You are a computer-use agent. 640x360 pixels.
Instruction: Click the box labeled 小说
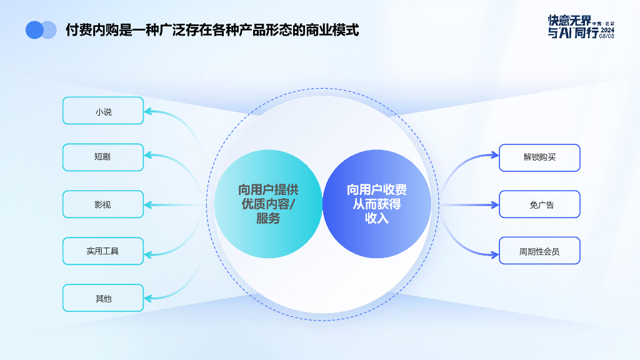[x=103, y=111]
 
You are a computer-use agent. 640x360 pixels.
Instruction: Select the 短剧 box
[x=103, y=157]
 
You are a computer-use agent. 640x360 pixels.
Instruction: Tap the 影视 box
[x=103, y=204]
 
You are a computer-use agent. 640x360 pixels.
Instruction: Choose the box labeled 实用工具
[x=103, y=251]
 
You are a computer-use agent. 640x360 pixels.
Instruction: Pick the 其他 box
[x=103, y=298]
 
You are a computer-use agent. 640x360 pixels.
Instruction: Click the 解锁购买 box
[x=539, y=157]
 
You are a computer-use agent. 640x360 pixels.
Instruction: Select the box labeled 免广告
[x=539, y=204]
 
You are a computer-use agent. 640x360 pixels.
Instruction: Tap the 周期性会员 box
[x=539, y=251]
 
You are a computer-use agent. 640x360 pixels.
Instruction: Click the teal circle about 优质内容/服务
[x=268, y=204]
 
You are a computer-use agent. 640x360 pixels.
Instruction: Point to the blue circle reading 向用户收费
[x=377, y=204]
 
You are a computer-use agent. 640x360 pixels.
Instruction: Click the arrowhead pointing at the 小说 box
[x=149, y=112]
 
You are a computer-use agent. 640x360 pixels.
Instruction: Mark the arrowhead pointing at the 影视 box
[x=149, y=204]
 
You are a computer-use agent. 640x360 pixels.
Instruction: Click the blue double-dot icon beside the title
[x=41, y=30]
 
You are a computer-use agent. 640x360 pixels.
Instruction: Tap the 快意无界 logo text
[x=569, y=21]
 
